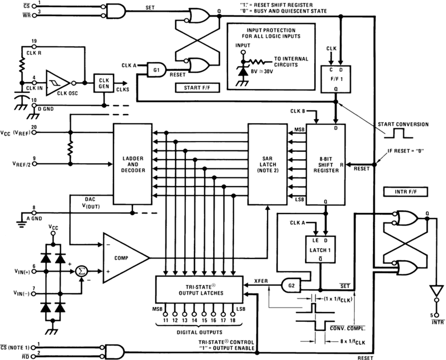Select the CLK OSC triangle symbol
57,82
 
